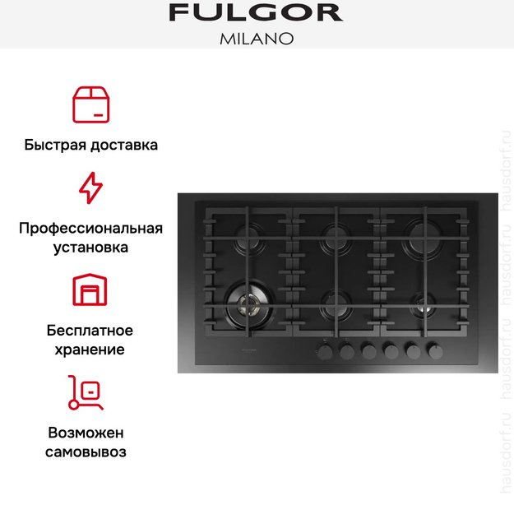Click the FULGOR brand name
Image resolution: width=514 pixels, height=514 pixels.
click(x=256, y=13)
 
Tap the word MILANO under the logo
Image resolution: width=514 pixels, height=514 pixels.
click(x=256, y=39)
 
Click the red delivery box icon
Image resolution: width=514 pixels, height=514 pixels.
click(x=90, y=104)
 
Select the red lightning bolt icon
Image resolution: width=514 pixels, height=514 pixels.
click(x=90, y=188)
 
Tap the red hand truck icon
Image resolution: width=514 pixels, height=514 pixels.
click(x=86, y=392)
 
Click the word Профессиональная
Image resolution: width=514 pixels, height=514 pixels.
click(x=90, y=228)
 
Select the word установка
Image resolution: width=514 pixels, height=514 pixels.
click(x=90, y=247)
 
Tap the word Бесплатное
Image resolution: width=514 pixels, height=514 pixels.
click(x=90, y=331)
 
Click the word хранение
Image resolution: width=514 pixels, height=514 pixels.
click(x=90, y=350)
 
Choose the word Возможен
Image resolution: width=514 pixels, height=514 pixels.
click(x=90, y=433)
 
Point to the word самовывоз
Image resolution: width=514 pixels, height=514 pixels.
click(x=90, y=451)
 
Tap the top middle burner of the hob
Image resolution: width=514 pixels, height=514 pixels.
click(x=335, y=238)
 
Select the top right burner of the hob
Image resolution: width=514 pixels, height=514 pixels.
click(x=425, y=238)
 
